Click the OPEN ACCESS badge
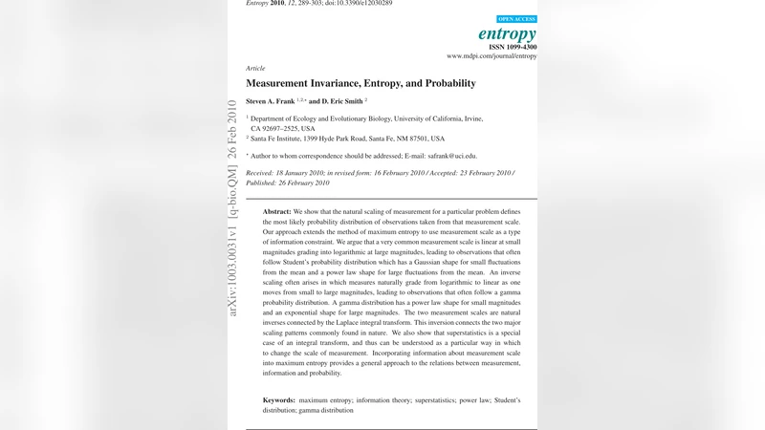point(516,19)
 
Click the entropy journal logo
point(507,34)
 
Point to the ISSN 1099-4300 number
point(514,47)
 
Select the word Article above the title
point(255,69)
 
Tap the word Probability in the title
point(446,84)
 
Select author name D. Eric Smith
point(341,100)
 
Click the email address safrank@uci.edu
point(451,156)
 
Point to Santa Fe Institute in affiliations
point(284,139)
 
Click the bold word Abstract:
point(277,210)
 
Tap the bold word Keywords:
point(279,399)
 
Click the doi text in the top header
point(360,3)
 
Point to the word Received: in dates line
point(263,173)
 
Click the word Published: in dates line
point(265,183)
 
